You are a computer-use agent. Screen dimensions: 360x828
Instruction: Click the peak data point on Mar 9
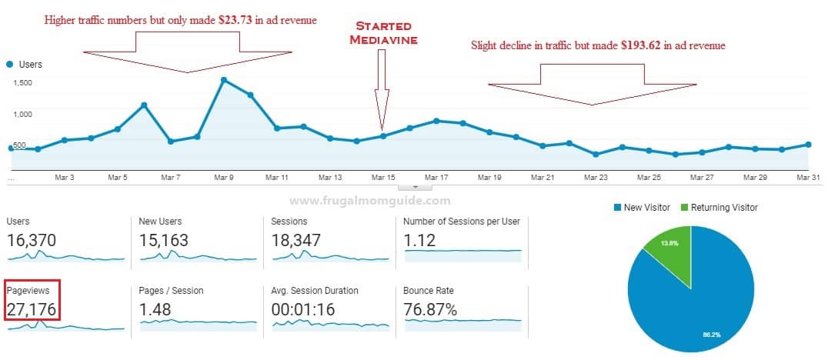click(223, 79)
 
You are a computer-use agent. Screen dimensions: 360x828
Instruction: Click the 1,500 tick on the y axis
click(22, 83)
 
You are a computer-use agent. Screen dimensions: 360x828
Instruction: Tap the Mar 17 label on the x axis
click(436, 178)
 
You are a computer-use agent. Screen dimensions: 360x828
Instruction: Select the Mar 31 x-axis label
click(807, 178)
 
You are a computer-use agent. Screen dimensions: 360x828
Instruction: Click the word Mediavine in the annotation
click(383, 40)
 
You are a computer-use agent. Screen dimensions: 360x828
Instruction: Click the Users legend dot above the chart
click(9, 65)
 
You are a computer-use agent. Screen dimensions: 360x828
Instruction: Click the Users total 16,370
click(31, 240)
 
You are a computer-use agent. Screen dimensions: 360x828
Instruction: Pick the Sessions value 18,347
click(297, 240)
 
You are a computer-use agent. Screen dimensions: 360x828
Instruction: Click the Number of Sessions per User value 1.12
click(419, 240)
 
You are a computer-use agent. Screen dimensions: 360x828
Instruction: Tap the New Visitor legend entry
click(643, 207)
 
